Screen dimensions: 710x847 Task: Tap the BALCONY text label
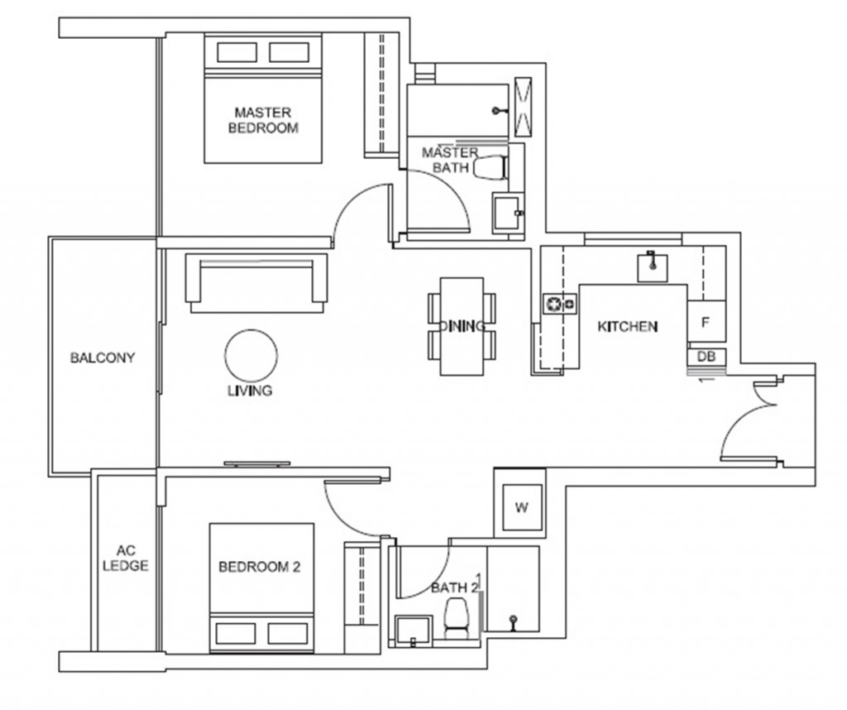pos(102,358)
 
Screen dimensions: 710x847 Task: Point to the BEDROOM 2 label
pos(259,567)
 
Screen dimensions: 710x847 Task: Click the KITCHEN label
pos(627,327)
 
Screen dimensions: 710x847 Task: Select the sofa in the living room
pos(258,281)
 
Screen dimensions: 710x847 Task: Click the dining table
pos(462,325)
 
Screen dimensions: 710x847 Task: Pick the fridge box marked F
pos(706,322)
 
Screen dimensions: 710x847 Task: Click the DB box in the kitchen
pos(706,357)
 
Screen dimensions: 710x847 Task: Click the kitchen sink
pos(653,266)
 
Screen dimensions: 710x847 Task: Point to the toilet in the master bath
pos(490,168)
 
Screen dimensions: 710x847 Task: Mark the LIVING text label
pos(250,391)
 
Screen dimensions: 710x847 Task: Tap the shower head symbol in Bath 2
pos(514,620)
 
